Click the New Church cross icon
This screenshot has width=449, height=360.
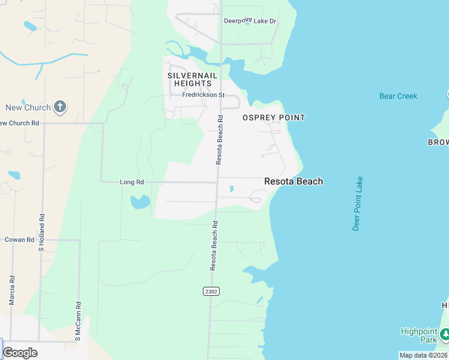point(59,107)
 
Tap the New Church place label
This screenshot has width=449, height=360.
point(28,108)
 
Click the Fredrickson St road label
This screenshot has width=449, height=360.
point(203,95)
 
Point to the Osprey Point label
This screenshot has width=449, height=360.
point(274,118)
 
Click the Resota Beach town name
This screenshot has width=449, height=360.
point(294,181)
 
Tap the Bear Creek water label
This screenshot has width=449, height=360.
point(398,96)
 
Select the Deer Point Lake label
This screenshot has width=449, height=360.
point(358,203)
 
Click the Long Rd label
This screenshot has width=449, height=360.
point(132,182)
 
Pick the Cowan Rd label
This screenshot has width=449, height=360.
point(19,239)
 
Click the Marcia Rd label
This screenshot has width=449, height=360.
point(12,290)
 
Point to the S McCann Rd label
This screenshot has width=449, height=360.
point(77,322)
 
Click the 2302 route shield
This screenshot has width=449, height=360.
point(210,291)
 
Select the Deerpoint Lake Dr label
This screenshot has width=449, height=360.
point(250,21)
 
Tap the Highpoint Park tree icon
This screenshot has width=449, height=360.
point(444,334)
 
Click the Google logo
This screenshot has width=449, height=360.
point(20,352)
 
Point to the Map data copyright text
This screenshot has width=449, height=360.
point(424,355)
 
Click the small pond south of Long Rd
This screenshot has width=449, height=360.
point(140,202)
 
